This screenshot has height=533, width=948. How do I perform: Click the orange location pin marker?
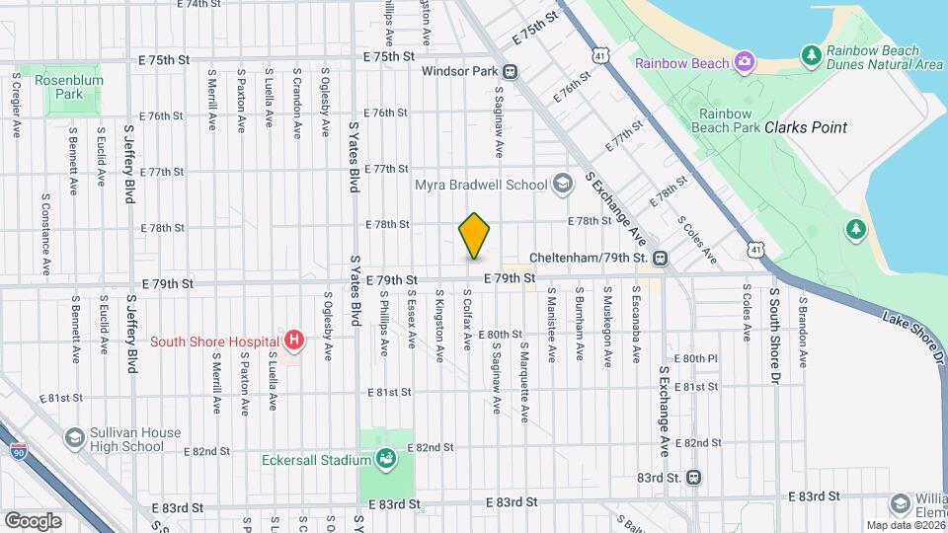coord(475,237)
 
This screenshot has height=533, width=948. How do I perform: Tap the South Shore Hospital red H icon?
coord(293,342)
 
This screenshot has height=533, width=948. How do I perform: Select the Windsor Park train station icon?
coord(511,71)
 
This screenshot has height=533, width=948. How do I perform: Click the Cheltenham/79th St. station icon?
coord(660,258)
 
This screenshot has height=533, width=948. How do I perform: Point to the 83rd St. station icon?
coord(694,478)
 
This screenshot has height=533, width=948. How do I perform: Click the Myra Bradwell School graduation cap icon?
coord(562,185)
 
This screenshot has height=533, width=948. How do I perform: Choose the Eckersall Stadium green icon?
coord(386,459)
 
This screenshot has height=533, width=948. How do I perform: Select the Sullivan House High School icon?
coord(74,438)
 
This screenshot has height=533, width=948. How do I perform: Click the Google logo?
coord(34,519)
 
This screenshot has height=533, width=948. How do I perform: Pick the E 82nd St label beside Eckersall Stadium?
coord(434,447)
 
